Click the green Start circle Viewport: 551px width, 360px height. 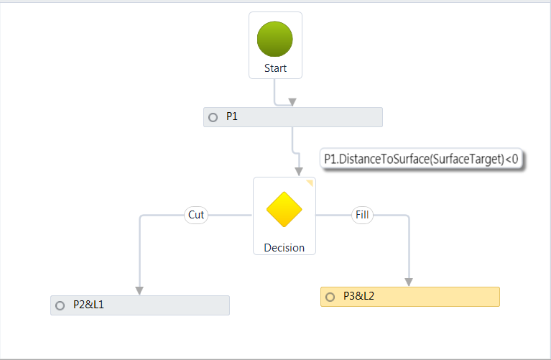coord(275,39)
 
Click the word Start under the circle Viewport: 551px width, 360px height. coord(275,68)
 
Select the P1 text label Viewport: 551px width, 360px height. coord(232,116)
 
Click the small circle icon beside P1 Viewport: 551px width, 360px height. coord(213,117)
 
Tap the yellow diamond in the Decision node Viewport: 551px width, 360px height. coord(284,209)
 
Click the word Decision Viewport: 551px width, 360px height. coord(284,247)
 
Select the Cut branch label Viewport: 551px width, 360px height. coord(196,215)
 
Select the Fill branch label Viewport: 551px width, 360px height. coord(361,215)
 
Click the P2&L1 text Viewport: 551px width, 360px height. coord(89,305)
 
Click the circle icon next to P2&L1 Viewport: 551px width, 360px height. coord(60,305)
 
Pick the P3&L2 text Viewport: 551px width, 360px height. coord(359,295)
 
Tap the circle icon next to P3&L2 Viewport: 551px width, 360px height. coord(330,296)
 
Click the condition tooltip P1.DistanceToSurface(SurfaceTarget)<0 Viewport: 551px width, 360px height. coord(422,159)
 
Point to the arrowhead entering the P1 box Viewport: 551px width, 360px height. coord(292,103)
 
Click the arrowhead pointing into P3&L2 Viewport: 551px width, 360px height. coord(409,282)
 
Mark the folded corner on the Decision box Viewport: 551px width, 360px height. coord(310,183)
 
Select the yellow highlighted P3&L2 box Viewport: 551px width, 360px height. coord(431,296)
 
